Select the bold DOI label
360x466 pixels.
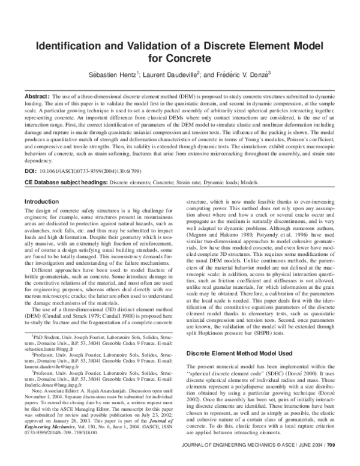click(x=30, y=172)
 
